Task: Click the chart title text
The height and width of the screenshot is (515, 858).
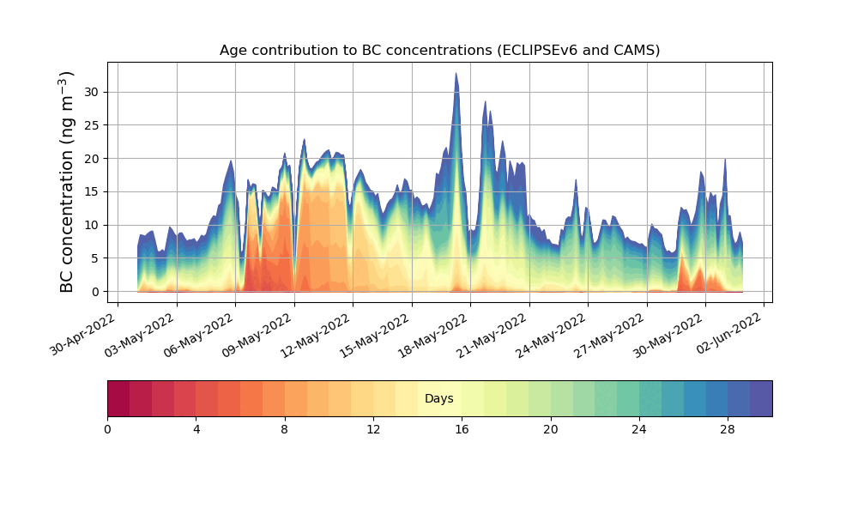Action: [439, 50]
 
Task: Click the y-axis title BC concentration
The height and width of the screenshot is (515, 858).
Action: [67, 181]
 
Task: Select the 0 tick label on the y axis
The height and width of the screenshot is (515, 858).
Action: [96, 292]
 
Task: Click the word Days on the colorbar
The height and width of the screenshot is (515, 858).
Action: [439, 398]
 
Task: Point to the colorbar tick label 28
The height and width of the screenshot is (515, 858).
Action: [728, 429]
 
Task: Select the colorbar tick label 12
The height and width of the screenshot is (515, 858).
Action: [373, 429]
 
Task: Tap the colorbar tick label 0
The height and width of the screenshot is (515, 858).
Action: [107, 429]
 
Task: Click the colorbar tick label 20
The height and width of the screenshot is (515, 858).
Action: [550, 429]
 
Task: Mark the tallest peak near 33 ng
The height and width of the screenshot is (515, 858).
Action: [456, 74]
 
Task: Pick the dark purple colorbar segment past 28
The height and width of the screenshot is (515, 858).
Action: [760, 398]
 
